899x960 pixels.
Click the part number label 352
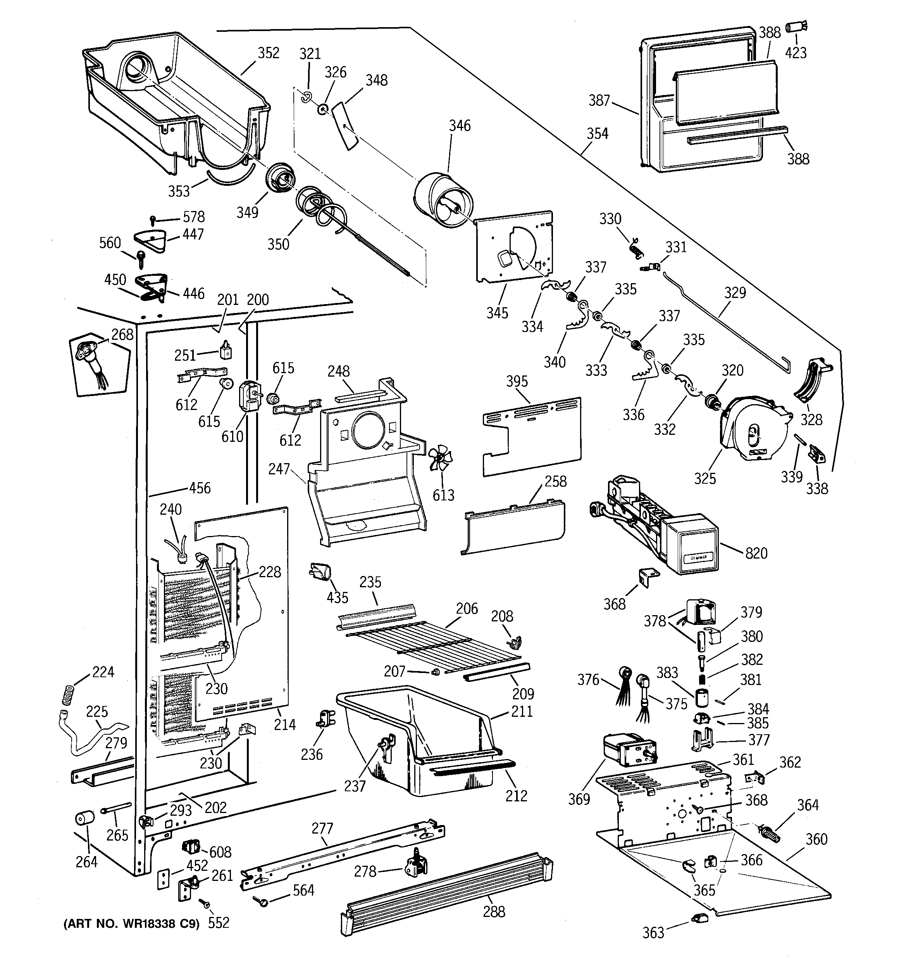[x=268, y=53]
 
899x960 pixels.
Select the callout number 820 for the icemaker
[x=756, y=553]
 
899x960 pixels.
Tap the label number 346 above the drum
[x=460, y=126]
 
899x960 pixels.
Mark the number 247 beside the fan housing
[x=279, y=469]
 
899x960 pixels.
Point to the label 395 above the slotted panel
[x=517, y=382]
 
